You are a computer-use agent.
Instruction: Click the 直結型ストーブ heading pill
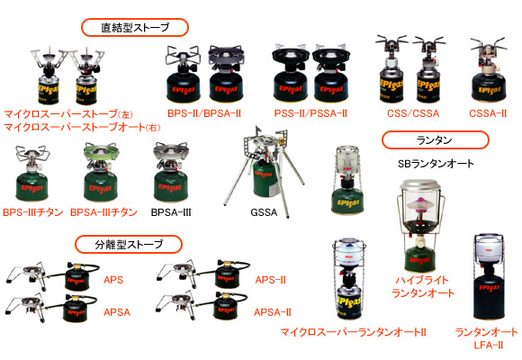(x=135, y=27)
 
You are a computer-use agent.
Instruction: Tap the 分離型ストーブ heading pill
(x=129, y=245)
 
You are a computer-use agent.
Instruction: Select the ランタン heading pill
(x=435, y=140)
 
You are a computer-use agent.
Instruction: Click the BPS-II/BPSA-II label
(x=204, y=113)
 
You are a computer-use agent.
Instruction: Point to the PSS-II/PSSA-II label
(x=310, y=113)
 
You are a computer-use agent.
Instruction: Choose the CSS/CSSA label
(x=413, y=113)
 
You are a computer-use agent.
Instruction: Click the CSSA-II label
(x=488, y=113)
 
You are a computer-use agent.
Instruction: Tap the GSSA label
(x=264, y=212)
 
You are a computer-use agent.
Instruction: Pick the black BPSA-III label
(x=171, y=212)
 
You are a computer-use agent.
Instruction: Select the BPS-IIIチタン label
(x=33, y=212)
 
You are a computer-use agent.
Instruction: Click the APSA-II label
(x=273, y=312)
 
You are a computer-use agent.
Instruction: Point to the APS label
(x=113, y=279)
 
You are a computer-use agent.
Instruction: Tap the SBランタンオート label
(x=436, y=164)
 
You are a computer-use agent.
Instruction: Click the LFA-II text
(x=489, y=345)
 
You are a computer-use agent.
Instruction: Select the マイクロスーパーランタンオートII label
(x=353, y=332)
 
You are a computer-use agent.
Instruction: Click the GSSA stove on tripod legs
(x=264, y=170)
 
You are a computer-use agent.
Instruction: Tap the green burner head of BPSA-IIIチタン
(x=101, y=151)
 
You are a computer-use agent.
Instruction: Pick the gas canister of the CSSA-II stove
(x=490, y=86)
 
